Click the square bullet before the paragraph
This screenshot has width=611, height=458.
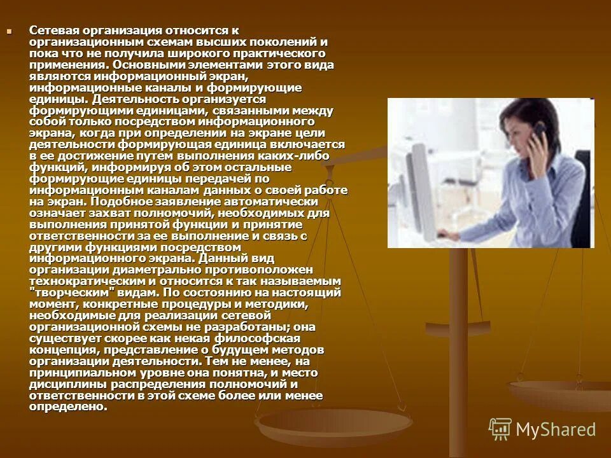9,31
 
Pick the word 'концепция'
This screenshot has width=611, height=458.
58,350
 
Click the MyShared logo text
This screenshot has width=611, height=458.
556,429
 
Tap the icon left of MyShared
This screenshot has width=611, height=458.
500,429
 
